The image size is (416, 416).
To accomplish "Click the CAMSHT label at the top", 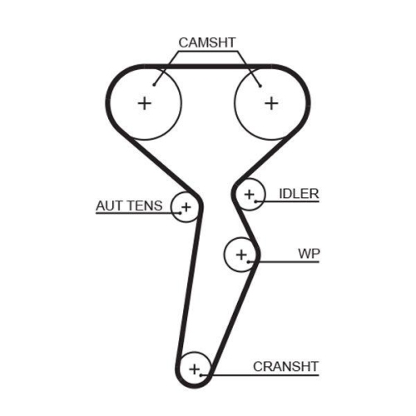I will (208, 42).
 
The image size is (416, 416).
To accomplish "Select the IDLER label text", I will (299, 194).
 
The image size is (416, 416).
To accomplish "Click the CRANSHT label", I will (286, 366).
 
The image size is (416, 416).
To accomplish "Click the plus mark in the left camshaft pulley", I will (146, 103).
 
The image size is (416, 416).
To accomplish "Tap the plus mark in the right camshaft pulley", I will (270, 103).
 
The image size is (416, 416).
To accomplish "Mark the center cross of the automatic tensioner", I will (186, 206).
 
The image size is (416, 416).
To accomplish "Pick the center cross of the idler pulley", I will (249, 195).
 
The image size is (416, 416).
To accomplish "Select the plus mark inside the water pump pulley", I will (241, 255).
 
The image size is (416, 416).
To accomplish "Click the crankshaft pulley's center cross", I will (196, 367).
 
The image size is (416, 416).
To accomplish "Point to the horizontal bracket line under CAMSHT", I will (208, 52).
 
